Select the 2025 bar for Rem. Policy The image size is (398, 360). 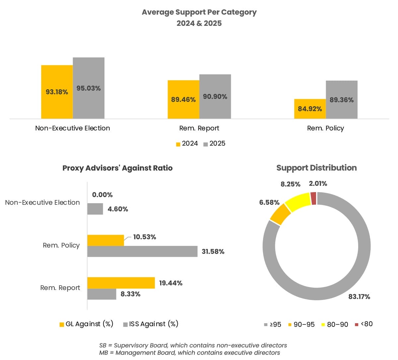coord(342,90)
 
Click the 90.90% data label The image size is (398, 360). coord(215,97)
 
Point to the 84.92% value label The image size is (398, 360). coord(310,109)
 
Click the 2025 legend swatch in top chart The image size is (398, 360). coord(206,144)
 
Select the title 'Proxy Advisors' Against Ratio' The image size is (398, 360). coord(117,168)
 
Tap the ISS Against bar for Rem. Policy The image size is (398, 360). coord(142,251)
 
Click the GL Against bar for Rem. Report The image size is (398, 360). coord(121,283)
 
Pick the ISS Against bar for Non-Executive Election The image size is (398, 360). coord(95,209)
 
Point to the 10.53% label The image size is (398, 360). coord(145,237)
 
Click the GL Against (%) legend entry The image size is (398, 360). coord(86,324)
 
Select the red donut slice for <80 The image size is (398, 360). coord(313,198)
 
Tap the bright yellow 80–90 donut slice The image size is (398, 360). coord(297,202)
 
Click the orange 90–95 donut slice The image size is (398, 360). coord(280,214)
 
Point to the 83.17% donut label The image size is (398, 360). coord(359,297)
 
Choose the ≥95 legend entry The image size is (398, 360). coord(273,324)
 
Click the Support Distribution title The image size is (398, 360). coord(316,168)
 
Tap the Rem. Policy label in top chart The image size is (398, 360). coord(325,128)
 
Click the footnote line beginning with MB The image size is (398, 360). coord(189,353)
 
